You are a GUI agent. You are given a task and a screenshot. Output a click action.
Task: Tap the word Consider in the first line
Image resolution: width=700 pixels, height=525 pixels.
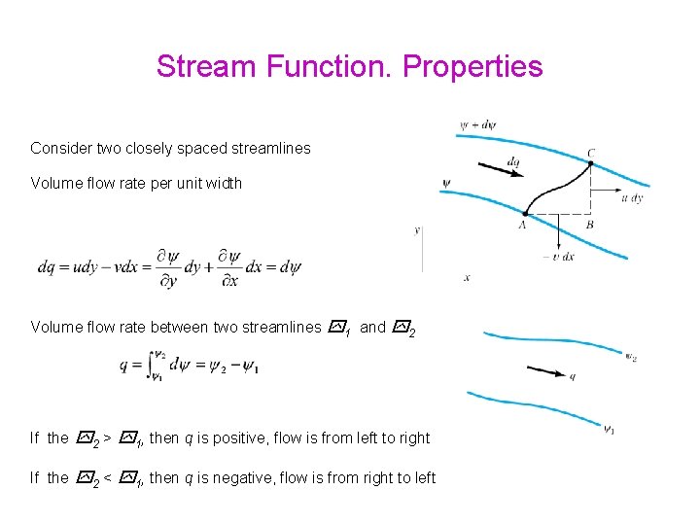[59, 149]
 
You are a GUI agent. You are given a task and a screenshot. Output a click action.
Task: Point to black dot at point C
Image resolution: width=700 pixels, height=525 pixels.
[590, 163]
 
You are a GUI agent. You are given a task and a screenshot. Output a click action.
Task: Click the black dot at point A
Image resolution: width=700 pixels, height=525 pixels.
[525, 213]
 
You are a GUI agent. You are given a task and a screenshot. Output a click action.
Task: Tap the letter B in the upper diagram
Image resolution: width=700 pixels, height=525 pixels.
[590, 225]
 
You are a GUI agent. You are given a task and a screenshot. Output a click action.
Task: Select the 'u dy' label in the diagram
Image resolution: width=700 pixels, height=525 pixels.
[631, 198]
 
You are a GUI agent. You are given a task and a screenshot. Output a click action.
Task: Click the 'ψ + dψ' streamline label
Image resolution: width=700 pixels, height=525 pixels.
[476, 125]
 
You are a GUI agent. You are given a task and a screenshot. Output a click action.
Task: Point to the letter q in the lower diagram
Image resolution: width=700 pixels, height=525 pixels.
[572, 376]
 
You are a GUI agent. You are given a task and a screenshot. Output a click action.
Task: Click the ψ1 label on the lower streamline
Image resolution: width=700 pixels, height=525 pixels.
[609, 429]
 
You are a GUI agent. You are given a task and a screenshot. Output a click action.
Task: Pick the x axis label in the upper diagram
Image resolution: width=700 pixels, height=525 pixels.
[467, 277]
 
